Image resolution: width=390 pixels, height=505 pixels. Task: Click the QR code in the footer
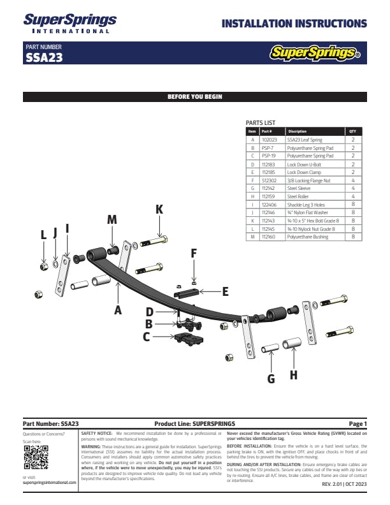pyautogui.click(x=36, y=457)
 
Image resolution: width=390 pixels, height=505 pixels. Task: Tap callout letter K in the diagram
pyautogui.click(x=159, y=209)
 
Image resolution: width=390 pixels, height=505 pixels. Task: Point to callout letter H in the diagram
pyautogui.click(x=294, y=375)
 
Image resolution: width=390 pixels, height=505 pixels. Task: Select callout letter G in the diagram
pyautogui.click(x=271, y=378)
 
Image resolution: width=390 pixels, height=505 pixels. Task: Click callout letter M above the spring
pyautogui.click(x=112, y=219)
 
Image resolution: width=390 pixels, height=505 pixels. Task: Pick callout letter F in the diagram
pyautogui.click(x=194, y=253)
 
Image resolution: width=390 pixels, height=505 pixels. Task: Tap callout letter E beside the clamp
pyautogui.click(x=225, y=291)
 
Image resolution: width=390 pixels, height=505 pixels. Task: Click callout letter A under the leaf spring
pyautogui.click(x=118, y=310)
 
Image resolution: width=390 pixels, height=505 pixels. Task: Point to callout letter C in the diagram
pyautogui.click(x=147, y=337)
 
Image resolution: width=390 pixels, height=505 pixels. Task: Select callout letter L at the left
pyautogui.click(x=43, y=235)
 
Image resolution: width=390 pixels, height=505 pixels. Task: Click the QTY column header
pyautogui.click(x=353, y=131)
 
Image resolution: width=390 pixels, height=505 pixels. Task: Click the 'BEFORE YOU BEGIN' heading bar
pyautogui.click(x=195, y=97)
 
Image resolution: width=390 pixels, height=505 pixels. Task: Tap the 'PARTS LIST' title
pyautogui.click(x=261, y=122)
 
